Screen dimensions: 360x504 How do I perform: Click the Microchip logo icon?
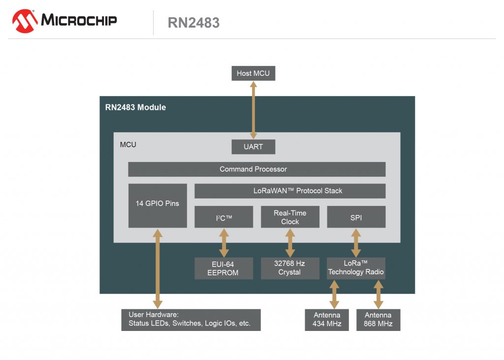(x=25, y=21)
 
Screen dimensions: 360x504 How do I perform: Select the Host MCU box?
(x=253, y=73)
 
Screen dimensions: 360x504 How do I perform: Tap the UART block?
(x=253, y=147)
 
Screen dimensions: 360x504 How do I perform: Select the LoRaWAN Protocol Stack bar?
(x=290, y=191)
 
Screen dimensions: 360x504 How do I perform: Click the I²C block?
(x=223, y=217)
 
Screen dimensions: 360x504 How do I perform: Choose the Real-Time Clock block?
(x=290, y=217)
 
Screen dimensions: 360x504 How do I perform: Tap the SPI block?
(x=356, y=217)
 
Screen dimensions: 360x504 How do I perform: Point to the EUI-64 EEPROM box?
(x=223, y=268)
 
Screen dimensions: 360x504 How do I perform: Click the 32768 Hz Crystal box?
(x=290, y=268)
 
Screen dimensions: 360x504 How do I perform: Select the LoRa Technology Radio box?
(x=356, y=268)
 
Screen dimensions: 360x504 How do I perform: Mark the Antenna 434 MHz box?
(x=327, y=320)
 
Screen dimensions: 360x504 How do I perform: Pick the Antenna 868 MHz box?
(x=378, y=320)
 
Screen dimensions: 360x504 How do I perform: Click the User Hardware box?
(x=190, y=320)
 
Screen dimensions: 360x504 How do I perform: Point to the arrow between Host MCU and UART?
(x=253, y=110)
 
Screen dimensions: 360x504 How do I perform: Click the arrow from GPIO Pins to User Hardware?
(x=157, y=268)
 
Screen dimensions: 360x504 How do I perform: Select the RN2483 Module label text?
(x=135, y=107)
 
